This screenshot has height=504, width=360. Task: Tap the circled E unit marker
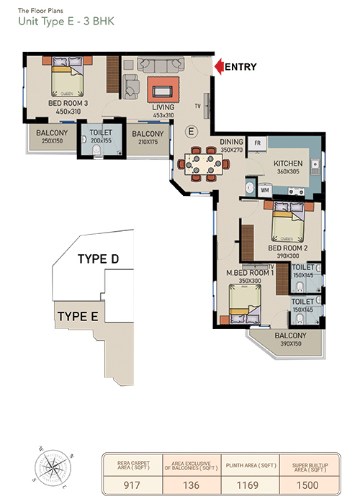[x=192, y=131]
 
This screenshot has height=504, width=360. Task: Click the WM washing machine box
[x=264, y=190]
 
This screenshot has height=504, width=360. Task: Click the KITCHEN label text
[x=288, y=163]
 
